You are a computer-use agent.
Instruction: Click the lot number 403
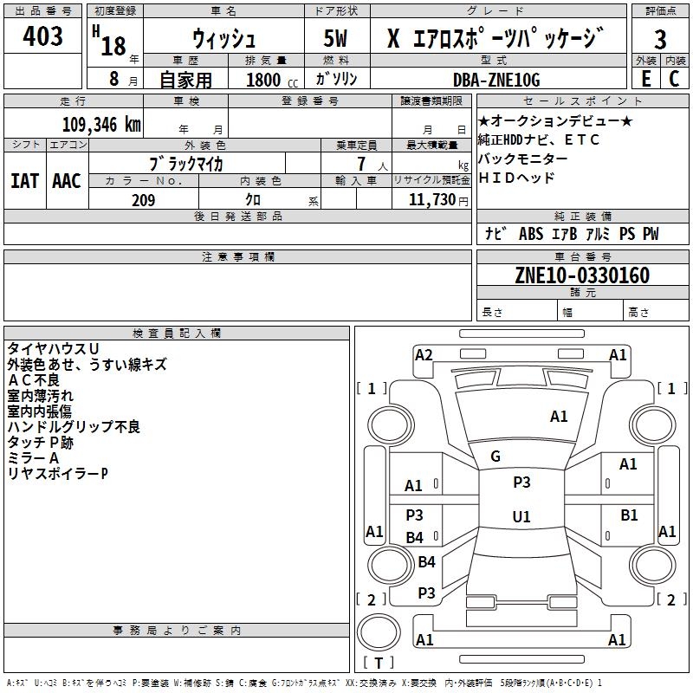43,36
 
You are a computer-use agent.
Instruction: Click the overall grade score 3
660,39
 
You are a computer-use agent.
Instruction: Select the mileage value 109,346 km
101,125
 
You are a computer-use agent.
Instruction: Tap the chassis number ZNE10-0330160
582,275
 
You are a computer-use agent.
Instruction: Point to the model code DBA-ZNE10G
496,80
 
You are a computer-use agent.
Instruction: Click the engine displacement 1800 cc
270,80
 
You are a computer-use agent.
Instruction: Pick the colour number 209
143,200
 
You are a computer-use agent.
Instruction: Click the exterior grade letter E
645,79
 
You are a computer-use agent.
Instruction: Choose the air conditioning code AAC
67,180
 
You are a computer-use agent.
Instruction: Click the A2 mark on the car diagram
424,354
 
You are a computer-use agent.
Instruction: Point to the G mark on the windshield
495,457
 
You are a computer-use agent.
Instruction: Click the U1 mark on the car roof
521,517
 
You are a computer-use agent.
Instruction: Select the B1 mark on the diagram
630,515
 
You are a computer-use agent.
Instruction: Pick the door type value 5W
337,39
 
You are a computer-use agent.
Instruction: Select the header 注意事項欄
237,257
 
